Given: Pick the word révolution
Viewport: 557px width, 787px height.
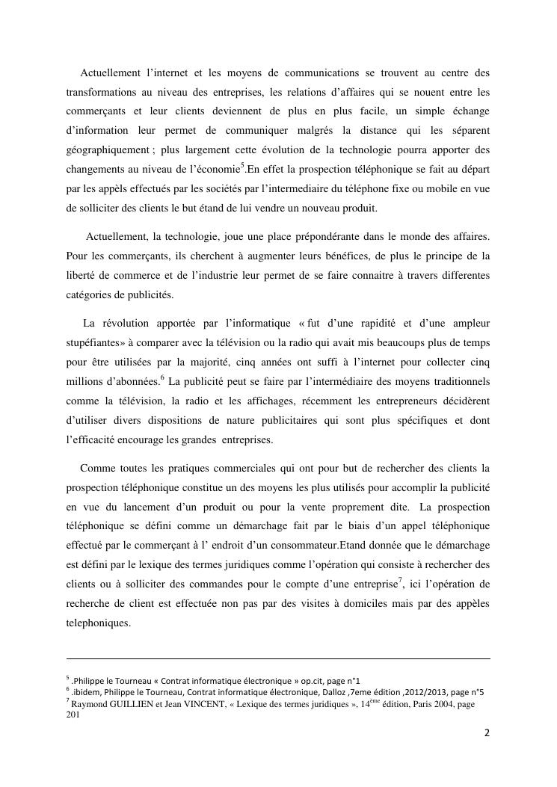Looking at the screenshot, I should click(126, 324).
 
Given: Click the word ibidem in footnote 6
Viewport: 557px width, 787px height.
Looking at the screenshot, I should click(87, 692).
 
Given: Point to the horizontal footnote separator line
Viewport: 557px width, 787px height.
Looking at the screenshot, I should click(278, 659).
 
